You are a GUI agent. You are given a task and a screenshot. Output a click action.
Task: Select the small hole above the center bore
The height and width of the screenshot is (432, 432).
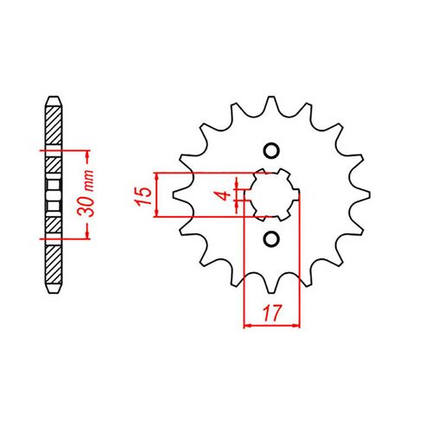point(271,151)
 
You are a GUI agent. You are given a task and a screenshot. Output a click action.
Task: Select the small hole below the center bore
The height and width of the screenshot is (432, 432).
point(271,238)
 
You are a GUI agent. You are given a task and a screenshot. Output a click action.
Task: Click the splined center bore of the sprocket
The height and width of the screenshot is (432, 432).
point(271,194)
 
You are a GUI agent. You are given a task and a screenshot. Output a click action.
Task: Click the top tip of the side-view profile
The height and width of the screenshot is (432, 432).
point(54,93)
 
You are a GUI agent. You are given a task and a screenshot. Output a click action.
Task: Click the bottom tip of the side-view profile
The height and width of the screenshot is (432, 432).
point(54,295)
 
